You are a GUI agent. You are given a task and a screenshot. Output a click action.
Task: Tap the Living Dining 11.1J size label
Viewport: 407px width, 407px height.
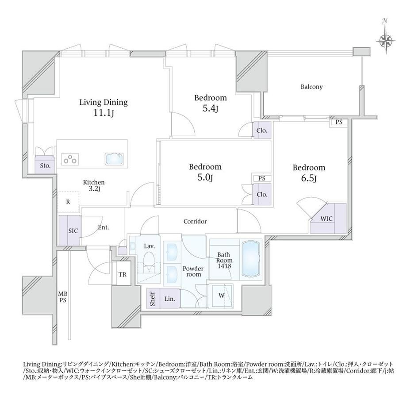point(104,113)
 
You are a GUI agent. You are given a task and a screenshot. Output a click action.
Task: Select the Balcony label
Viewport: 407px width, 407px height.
point(311,87)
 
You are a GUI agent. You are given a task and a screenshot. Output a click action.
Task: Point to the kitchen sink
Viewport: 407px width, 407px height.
point(115,158)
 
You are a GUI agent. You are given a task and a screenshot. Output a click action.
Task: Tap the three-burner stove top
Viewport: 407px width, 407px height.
point(70,159)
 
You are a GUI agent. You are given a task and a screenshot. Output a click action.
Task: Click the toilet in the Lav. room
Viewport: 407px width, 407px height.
point(149,262)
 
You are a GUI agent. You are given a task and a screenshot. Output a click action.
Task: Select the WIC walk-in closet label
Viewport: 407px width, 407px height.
point(326,219)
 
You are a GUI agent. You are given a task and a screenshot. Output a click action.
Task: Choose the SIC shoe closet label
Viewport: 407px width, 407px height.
point(73,231)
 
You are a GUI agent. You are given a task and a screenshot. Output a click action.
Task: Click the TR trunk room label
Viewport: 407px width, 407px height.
point(123,274)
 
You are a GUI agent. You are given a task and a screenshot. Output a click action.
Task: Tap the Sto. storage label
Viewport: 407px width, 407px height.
point(45,165)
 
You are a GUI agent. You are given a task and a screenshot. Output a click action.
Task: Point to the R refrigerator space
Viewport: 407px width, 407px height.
point(68,202)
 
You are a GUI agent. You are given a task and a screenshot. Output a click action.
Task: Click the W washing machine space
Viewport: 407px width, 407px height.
point(221,296)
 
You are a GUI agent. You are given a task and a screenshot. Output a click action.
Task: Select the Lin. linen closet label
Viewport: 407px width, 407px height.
point(169,299)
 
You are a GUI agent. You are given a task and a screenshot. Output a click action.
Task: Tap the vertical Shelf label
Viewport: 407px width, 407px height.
point(152,299)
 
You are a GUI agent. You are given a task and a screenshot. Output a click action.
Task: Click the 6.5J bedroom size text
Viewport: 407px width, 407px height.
point(309,179)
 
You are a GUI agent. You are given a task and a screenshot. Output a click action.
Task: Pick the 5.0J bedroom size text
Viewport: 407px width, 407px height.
point(205,177)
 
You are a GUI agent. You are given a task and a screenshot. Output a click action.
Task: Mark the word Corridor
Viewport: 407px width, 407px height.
point(195,221)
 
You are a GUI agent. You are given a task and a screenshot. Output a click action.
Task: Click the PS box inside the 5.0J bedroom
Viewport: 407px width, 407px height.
point(261,178)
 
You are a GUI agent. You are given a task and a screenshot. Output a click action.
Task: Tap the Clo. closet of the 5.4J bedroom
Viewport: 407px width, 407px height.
point(262,131)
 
